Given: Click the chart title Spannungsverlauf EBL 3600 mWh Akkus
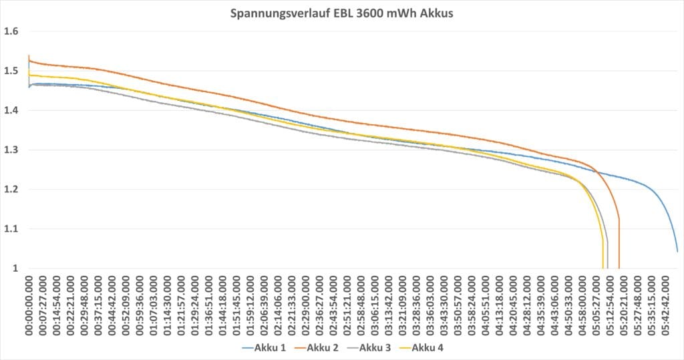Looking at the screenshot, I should (342, 13).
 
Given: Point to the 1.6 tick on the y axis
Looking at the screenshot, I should (11, 31).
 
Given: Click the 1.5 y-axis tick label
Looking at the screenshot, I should (11, 70).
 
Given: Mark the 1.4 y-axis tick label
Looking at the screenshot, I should (11, 110).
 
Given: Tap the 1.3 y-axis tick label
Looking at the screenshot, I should (11, 150).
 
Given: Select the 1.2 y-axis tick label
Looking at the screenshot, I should (11, 190).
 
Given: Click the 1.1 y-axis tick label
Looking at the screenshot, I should (11, 229).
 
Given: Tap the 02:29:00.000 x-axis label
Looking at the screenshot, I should (306, 305).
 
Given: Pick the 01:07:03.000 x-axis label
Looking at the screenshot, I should (153, 305).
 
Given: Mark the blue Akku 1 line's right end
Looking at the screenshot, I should (677, 252).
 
